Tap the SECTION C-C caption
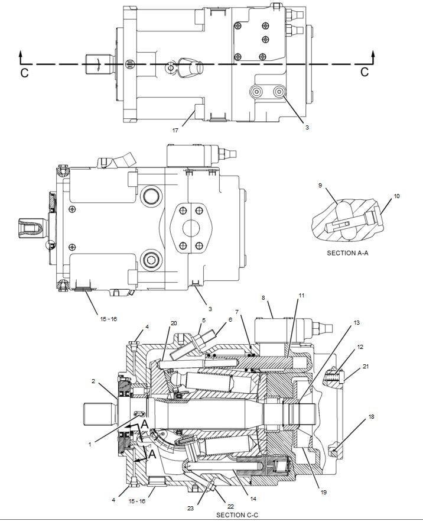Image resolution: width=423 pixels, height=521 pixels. point(237,515)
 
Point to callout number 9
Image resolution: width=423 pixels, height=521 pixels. point(320,185)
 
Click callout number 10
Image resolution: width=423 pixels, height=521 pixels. point(396,196)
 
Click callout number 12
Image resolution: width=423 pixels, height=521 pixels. point(360,347)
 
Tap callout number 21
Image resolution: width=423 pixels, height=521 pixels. point(366,367)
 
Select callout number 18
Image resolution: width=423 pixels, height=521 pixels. point(371,417)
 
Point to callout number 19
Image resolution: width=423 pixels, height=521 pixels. point(324,492)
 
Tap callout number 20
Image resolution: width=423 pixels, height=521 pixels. point(174,323)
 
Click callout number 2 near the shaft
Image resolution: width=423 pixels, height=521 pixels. point(93,382)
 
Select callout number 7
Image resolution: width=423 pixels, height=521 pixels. point(237,311)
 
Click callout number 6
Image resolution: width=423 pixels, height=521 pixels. point(230,320)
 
